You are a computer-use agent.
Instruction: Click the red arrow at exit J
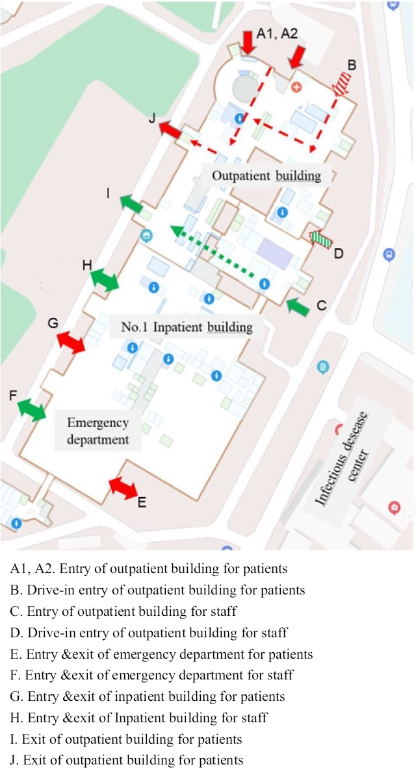coord(171,129)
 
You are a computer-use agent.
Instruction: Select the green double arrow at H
coord(105,280)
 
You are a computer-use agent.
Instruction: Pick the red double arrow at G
coord(71,341)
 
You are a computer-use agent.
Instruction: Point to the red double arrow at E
coord(122,487)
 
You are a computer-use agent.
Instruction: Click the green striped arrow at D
coord(320,239)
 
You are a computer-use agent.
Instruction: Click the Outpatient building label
coord(266,176)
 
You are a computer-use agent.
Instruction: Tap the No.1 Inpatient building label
coord(187,326)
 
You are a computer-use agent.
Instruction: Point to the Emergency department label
coord(97,431)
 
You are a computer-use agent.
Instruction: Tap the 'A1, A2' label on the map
coord(277,34)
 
